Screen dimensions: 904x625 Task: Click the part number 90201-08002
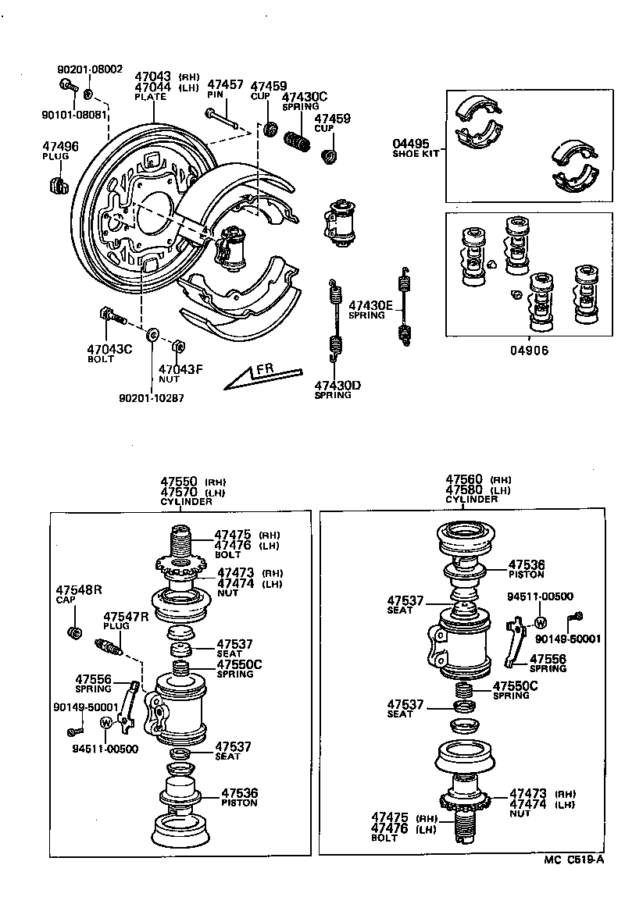pyautogui.click(x=90, y=69)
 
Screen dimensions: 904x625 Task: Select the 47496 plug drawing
pyautogui.click(x=55, y=186)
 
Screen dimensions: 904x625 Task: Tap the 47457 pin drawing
pyautogui.click(x=222, y=119)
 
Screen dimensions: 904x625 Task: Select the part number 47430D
pyautogui.click(x=337, y=385)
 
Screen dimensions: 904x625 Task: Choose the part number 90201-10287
pyautogui.click(x=152, y=398)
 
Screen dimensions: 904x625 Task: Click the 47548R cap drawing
pyautogui.click(x=76, y=632)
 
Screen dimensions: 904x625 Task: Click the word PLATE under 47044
pyautogui.click(x=150, y=97)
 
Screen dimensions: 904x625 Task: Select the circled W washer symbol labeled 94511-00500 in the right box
pyautogui.click(x=540, y=622)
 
